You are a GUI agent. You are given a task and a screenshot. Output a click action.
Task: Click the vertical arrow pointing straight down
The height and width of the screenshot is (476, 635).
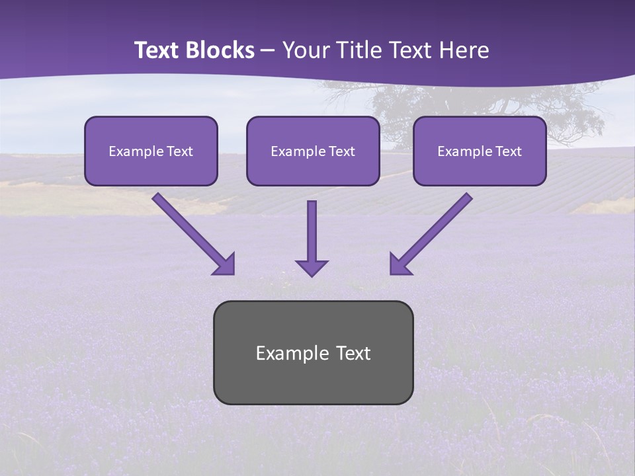pyautogui.click(x=312, y=231)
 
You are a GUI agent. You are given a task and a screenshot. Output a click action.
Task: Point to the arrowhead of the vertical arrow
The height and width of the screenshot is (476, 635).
pyautogui.click(x=312, y=268)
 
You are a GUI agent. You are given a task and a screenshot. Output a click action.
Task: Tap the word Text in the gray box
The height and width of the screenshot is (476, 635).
pyautogui.click(x=353, y=353)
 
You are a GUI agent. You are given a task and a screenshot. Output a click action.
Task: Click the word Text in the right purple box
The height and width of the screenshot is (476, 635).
pyautogui.click(x=508, y=151)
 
